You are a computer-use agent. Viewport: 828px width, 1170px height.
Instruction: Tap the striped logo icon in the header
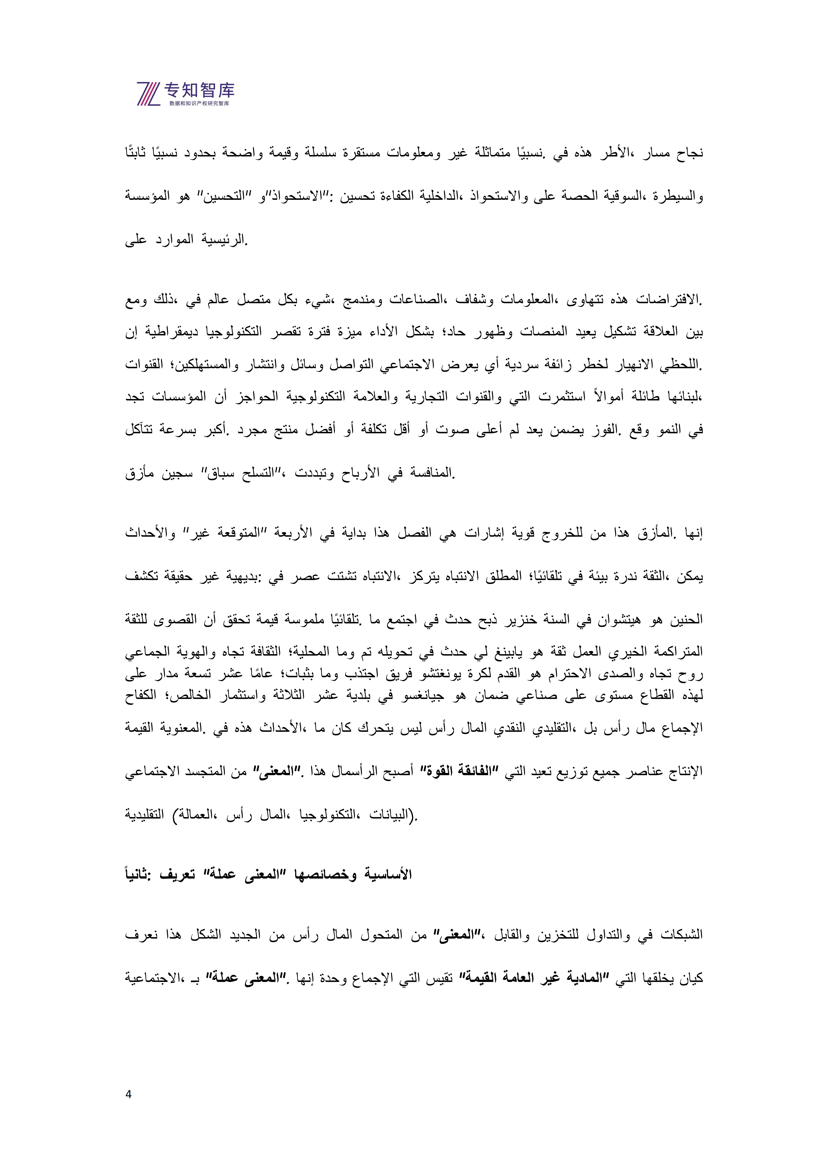(148, 93)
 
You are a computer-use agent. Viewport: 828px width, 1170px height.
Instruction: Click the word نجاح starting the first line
(690, 153)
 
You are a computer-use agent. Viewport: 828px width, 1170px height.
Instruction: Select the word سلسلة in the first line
(321, 153)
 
